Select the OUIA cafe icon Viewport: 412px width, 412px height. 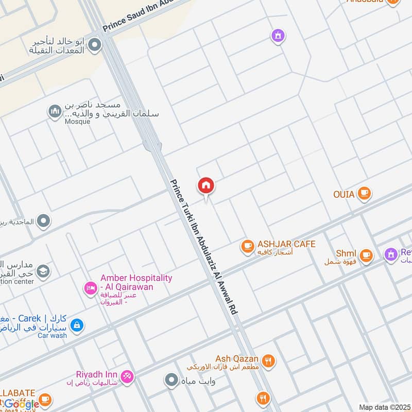coord(365,194)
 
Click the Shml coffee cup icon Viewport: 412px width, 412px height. coord(366,254)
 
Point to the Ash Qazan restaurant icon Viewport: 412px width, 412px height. coord(268,362)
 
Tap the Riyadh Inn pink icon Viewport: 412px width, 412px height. coord(127,377)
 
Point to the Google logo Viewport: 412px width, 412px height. coord(21,404)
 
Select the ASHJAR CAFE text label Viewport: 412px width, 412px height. coord(286,244)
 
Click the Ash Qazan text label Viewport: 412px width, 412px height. coord(237,358)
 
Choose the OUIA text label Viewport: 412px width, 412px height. coord(344,194)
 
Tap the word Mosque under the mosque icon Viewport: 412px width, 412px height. coord(78,122)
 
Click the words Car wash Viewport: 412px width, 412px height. coord(52,335)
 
